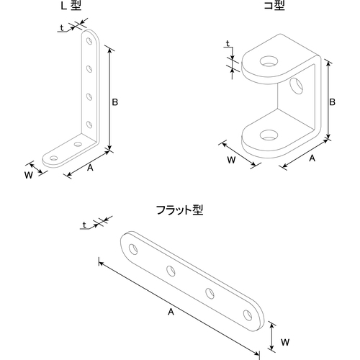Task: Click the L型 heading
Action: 71,5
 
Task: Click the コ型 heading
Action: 274,5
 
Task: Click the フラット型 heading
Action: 180,210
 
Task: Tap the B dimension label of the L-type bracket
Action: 115,102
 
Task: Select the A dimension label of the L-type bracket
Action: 90,168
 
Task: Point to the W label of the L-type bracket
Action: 29,175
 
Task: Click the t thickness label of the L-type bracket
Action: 62,28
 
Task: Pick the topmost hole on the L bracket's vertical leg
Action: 89,41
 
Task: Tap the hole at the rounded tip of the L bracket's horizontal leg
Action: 54,158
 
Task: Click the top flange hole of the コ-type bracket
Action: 269,60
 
